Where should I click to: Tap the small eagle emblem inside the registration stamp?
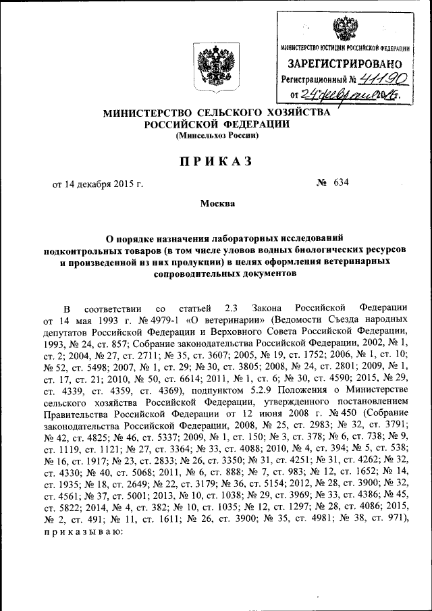pyautogui.click(x=344, y=29)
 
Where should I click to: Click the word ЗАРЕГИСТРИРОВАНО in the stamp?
pyautogui.click(x=345, y=64)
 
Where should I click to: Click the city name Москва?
pyautogui.click(x=217, y=203)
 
